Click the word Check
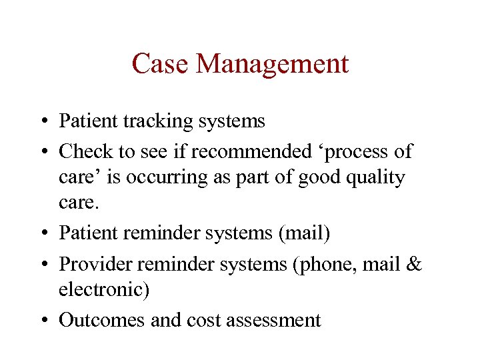[x=86, y=151]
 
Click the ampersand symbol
[x=414, y=264]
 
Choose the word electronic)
[x=104, y=289]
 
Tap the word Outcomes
[x=102, y=320]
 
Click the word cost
[x=204, y=321]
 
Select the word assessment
[x=274, y=321]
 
